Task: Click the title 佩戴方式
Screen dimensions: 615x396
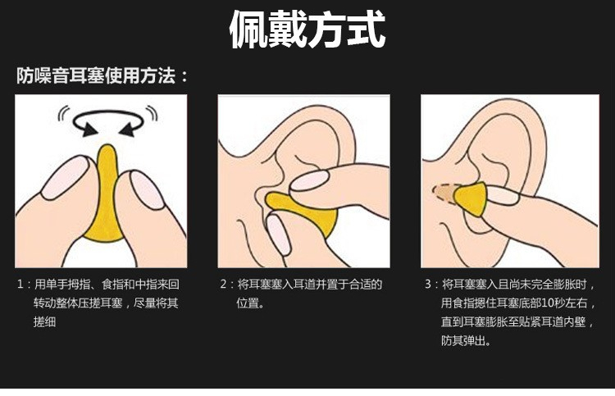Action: tap(307, 29)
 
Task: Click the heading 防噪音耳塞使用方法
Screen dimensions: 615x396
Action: tap(96, 75)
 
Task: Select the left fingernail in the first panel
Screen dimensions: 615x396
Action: tap(65, 177)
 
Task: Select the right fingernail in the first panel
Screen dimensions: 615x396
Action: tap(145, 189)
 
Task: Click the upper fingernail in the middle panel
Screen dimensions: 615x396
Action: tap(310, 180)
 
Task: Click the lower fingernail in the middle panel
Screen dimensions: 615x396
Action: tap(278, 234)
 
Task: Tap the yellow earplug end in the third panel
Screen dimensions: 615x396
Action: tap(471, 199)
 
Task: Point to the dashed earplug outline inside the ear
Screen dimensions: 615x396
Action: tap(444, 193)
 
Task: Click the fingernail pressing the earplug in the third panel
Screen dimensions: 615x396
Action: tap(502, 195)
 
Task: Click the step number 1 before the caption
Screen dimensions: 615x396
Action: tap(20, 284)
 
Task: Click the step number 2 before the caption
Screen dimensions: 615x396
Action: tap(224, 284)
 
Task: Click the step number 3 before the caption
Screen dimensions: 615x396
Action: tap(428, 284)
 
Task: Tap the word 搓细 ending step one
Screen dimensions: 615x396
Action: tap(45, 322)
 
